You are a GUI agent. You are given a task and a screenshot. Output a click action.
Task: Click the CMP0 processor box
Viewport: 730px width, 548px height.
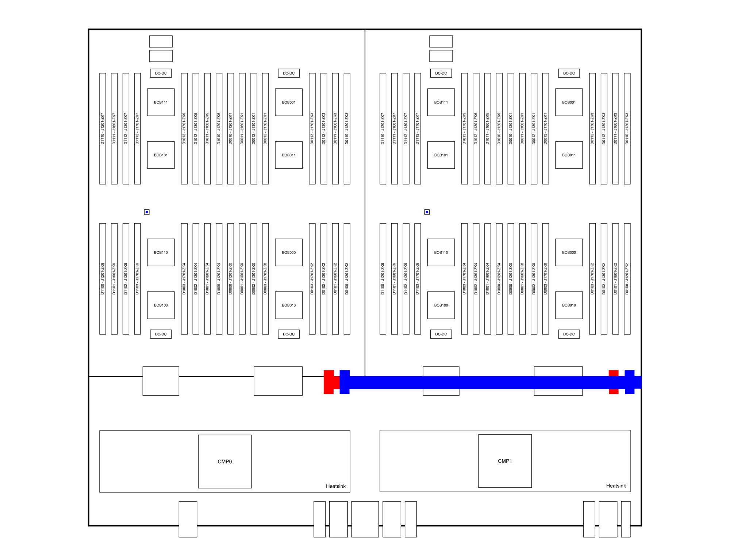(225, 461)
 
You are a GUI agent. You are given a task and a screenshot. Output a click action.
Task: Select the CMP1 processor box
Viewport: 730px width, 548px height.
(505, 461)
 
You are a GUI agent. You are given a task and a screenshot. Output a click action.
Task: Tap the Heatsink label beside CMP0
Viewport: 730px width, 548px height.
(336, 486)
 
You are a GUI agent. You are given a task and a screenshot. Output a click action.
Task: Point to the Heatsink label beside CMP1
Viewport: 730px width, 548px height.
(616, 486)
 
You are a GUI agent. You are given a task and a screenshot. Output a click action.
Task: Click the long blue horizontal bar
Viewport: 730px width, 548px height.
(491, 382)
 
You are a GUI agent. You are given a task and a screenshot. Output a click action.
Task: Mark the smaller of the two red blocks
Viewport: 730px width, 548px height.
(614, 382)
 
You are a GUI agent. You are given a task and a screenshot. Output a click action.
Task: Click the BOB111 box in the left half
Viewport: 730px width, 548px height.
(161, 102)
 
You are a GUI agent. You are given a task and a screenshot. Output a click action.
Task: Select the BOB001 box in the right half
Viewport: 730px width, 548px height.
(569, 102)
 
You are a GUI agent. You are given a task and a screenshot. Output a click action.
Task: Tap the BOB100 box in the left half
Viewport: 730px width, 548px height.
(161, 305)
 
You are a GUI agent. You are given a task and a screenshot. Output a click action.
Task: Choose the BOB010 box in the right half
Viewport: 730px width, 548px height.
(569, 305)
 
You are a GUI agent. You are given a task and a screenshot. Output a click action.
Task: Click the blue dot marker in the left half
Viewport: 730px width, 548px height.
(147, 212)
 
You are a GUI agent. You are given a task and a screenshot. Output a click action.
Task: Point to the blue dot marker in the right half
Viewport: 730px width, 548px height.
(427, 212)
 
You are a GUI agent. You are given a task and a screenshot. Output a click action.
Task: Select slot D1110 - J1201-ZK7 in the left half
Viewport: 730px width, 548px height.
(103, 129)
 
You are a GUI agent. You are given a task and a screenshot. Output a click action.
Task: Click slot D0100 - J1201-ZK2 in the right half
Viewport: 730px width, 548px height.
(627, 279)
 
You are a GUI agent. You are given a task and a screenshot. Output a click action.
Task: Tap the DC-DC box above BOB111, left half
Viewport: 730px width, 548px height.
(161, 73)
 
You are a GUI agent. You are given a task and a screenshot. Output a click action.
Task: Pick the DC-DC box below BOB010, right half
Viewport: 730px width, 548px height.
(569, 334)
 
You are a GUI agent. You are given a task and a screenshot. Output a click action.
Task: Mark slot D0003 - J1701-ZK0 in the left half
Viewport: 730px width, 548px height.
(265, 279)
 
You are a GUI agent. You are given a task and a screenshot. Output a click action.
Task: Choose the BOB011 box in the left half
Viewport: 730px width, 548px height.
(289, 155)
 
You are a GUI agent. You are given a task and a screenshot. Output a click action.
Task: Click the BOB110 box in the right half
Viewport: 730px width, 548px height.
(441, 252)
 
